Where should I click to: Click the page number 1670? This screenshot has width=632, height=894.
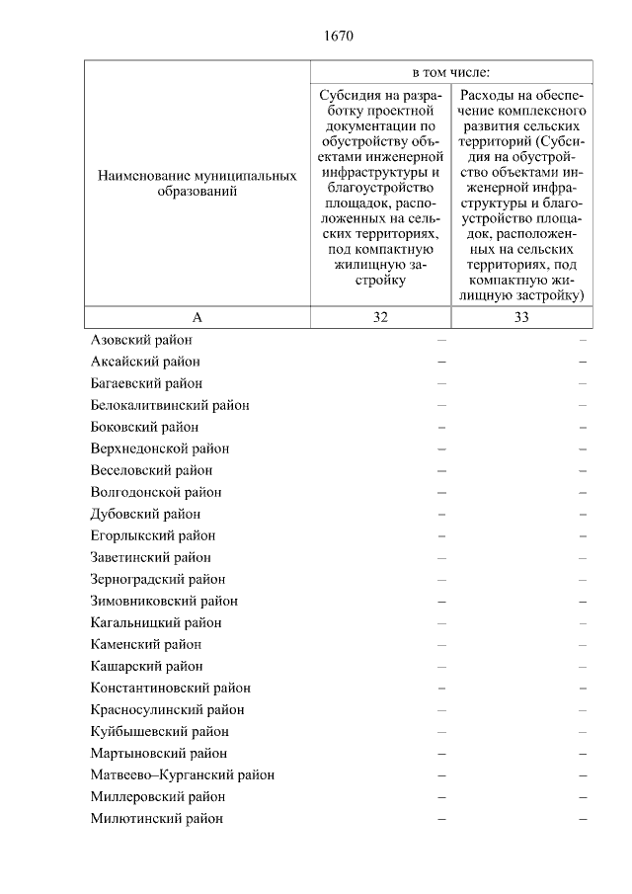338,37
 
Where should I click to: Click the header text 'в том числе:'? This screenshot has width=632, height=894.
451,72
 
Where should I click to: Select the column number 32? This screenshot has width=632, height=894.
380,317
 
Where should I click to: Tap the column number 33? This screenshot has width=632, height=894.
521,317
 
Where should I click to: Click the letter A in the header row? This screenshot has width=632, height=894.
197,317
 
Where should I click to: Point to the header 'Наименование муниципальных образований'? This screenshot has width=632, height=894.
197,184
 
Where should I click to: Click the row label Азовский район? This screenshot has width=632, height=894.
140,340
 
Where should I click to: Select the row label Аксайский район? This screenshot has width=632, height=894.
143,362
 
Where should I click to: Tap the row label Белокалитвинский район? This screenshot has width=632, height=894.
169,405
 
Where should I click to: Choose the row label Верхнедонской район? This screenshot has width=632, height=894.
159,448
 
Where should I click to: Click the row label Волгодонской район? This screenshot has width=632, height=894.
155,492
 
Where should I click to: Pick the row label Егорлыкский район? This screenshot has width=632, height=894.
152,535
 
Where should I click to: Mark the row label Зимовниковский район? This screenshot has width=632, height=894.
164,601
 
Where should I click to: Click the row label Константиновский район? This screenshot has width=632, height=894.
170,688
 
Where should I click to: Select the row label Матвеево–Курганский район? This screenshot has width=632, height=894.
182,774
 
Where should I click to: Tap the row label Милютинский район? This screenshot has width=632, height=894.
156,818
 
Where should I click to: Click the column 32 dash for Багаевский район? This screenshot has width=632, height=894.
441,383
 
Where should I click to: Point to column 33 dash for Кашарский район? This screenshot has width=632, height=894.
583,666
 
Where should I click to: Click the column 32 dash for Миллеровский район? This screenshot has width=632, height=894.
441,796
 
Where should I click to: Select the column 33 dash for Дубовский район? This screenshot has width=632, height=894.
583,514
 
